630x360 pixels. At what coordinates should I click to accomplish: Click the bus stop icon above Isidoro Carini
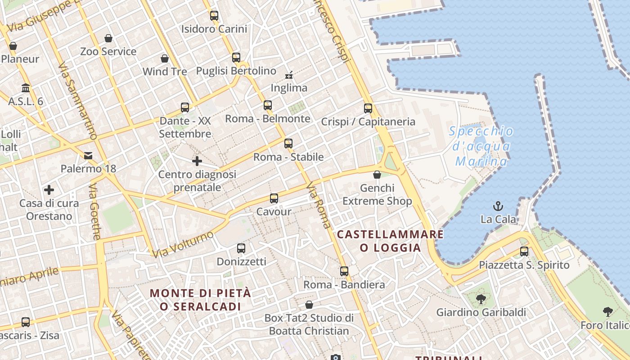tap(214, 16)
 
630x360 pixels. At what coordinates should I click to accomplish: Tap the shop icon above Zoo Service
tap(108, 38)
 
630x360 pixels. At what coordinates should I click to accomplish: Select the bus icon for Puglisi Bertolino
tap(236, 58)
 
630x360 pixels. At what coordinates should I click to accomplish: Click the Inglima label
tap(289, 88)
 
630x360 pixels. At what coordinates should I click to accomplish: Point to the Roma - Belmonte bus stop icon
tap(268, 105)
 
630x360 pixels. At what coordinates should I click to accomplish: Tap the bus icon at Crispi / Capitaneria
tap(368, 108)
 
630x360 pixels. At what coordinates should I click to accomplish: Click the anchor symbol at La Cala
tap(498, 207)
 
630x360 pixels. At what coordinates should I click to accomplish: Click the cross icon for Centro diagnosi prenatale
tap(197, 161)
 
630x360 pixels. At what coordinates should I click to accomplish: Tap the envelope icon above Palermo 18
tap(88, 156)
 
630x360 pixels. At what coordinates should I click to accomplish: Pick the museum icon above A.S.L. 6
tap(26, 88)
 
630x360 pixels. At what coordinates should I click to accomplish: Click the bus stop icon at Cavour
tap(274, 198)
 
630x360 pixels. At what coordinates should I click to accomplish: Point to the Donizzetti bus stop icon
tap(241, 248)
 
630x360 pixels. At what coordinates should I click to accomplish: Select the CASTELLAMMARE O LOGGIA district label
tap(390, 241)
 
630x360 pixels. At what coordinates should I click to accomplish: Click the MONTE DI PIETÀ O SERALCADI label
tap(200, 300)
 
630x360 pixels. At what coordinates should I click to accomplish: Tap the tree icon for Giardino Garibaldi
tap(481, 299)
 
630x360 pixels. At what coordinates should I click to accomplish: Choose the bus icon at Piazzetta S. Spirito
tap(524, 252)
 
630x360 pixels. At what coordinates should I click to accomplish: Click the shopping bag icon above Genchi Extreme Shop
tap(377, 175)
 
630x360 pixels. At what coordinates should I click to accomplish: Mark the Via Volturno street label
tap(182, 245)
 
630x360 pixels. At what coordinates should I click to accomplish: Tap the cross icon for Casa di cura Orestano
tap(49, 190)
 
